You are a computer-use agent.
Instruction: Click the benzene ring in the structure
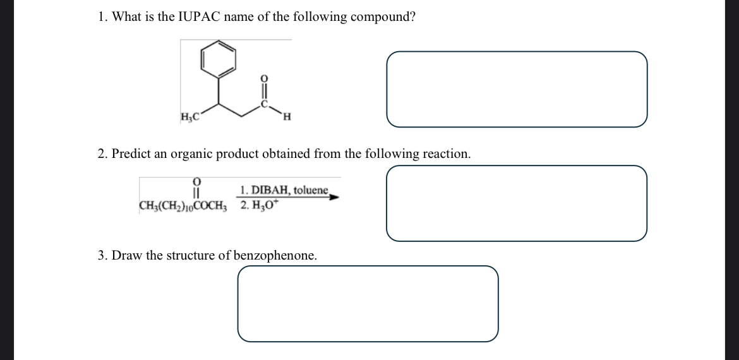pyautogui.click(x=219, y=59)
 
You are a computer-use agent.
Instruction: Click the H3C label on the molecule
pyautogui.click(x=189, y=117)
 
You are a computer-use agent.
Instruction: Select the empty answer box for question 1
pyautogui.click(x=517, y=89)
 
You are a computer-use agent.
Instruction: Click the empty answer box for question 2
pyautogui.click(x=517, y=203)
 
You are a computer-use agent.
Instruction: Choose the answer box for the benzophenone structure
pyautogui.click(x=368, y=303)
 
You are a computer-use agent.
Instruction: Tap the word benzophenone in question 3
pyautogui.click(x=274, y=256)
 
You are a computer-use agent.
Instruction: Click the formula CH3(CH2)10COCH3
pyautogui.click(x=182, y=206)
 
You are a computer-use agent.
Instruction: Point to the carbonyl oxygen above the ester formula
pyautogui.click(x=196, y=182)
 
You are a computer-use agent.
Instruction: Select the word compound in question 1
pyautogui.click(x=383, y=17)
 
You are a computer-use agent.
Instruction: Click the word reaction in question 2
pyautogui.click(x=447, y=154)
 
